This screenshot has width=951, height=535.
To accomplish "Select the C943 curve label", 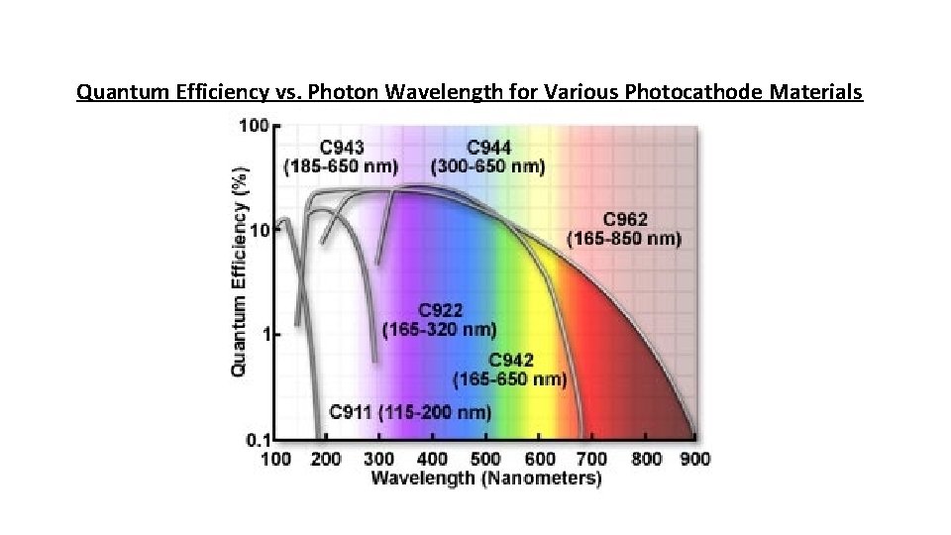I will tap(342, 148).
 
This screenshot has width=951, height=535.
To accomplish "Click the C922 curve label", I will tap(440, 309).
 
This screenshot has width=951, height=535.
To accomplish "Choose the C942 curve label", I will tap(511, 360).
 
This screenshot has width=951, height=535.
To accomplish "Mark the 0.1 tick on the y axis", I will tap(257, 439).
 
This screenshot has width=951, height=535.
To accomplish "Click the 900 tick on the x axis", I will tap(695, 458).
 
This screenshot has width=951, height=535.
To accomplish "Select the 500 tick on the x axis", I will tap(486, 458).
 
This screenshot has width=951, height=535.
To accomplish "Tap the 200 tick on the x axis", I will tap(326, 458).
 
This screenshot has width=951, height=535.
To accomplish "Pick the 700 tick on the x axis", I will tap(592, 458).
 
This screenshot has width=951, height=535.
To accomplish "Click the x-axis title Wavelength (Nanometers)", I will tap(485, 479).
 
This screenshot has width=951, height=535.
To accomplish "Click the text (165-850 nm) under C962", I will tap(624, 239).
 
